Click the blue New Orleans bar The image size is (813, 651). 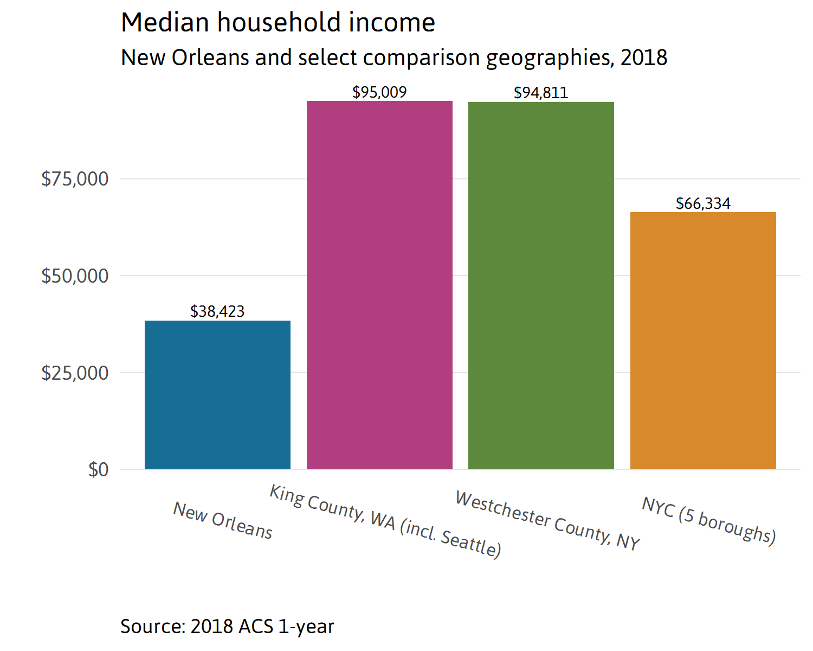point(217,395)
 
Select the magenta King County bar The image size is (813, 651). point(379,285)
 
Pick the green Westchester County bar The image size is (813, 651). point(541,285)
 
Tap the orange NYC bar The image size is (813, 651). point(703,341)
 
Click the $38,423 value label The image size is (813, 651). point(217,311)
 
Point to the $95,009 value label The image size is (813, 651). point(379,92)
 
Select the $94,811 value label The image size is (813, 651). point(541,93)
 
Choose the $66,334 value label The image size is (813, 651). point(703,203)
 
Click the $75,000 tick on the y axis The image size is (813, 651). point(75,178)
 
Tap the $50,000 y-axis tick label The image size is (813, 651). point(75,276)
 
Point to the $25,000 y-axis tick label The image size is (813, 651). point(75,373)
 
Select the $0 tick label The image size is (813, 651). point(98,470)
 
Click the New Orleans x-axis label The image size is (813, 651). point(223,520)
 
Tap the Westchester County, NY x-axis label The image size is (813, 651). point(547,520)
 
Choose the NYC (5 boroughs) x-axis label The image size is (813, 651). point(709,520)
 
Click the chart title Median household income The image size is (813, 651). point(278,23)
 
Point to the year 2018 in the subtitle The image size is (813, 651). point(644,58)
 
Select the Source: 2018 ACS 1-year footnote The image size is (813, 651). point(227,627)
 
